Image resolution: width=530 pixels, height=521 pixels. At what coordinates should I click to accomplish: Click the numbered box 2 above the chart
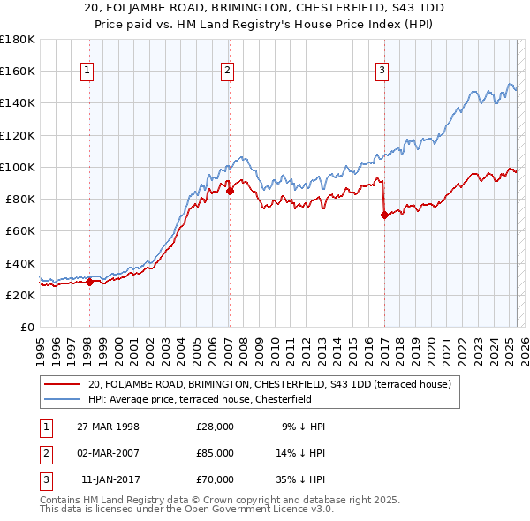tap(228, 72)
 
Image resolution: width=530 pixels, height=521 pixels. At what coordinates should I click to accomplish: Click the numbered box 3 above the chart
tap(382, 72)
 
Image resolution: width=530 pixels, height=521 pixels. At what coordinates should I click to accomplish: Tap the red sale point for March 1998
tap(89, 283)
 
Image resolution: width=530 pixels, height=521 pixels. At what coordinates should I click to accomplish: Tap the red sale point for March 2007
tap(229, 190)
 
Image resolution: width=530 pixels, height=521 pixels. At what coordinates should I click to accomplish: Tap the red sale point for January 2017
tap(384, 215)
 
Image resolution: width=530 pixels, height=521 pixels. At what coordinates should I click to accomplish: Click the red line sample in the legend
tap(63, 384)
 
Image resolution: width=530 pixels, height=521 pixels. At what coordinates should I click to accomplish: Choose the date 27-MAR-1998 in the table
tap(109, 427)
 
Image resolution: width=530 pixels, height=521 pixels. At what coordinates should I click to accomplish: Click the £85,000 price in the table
tap(215, 453)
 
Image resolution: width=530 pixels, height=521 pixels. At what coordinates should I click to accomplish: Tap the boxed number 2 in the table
tap(44, 453)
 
